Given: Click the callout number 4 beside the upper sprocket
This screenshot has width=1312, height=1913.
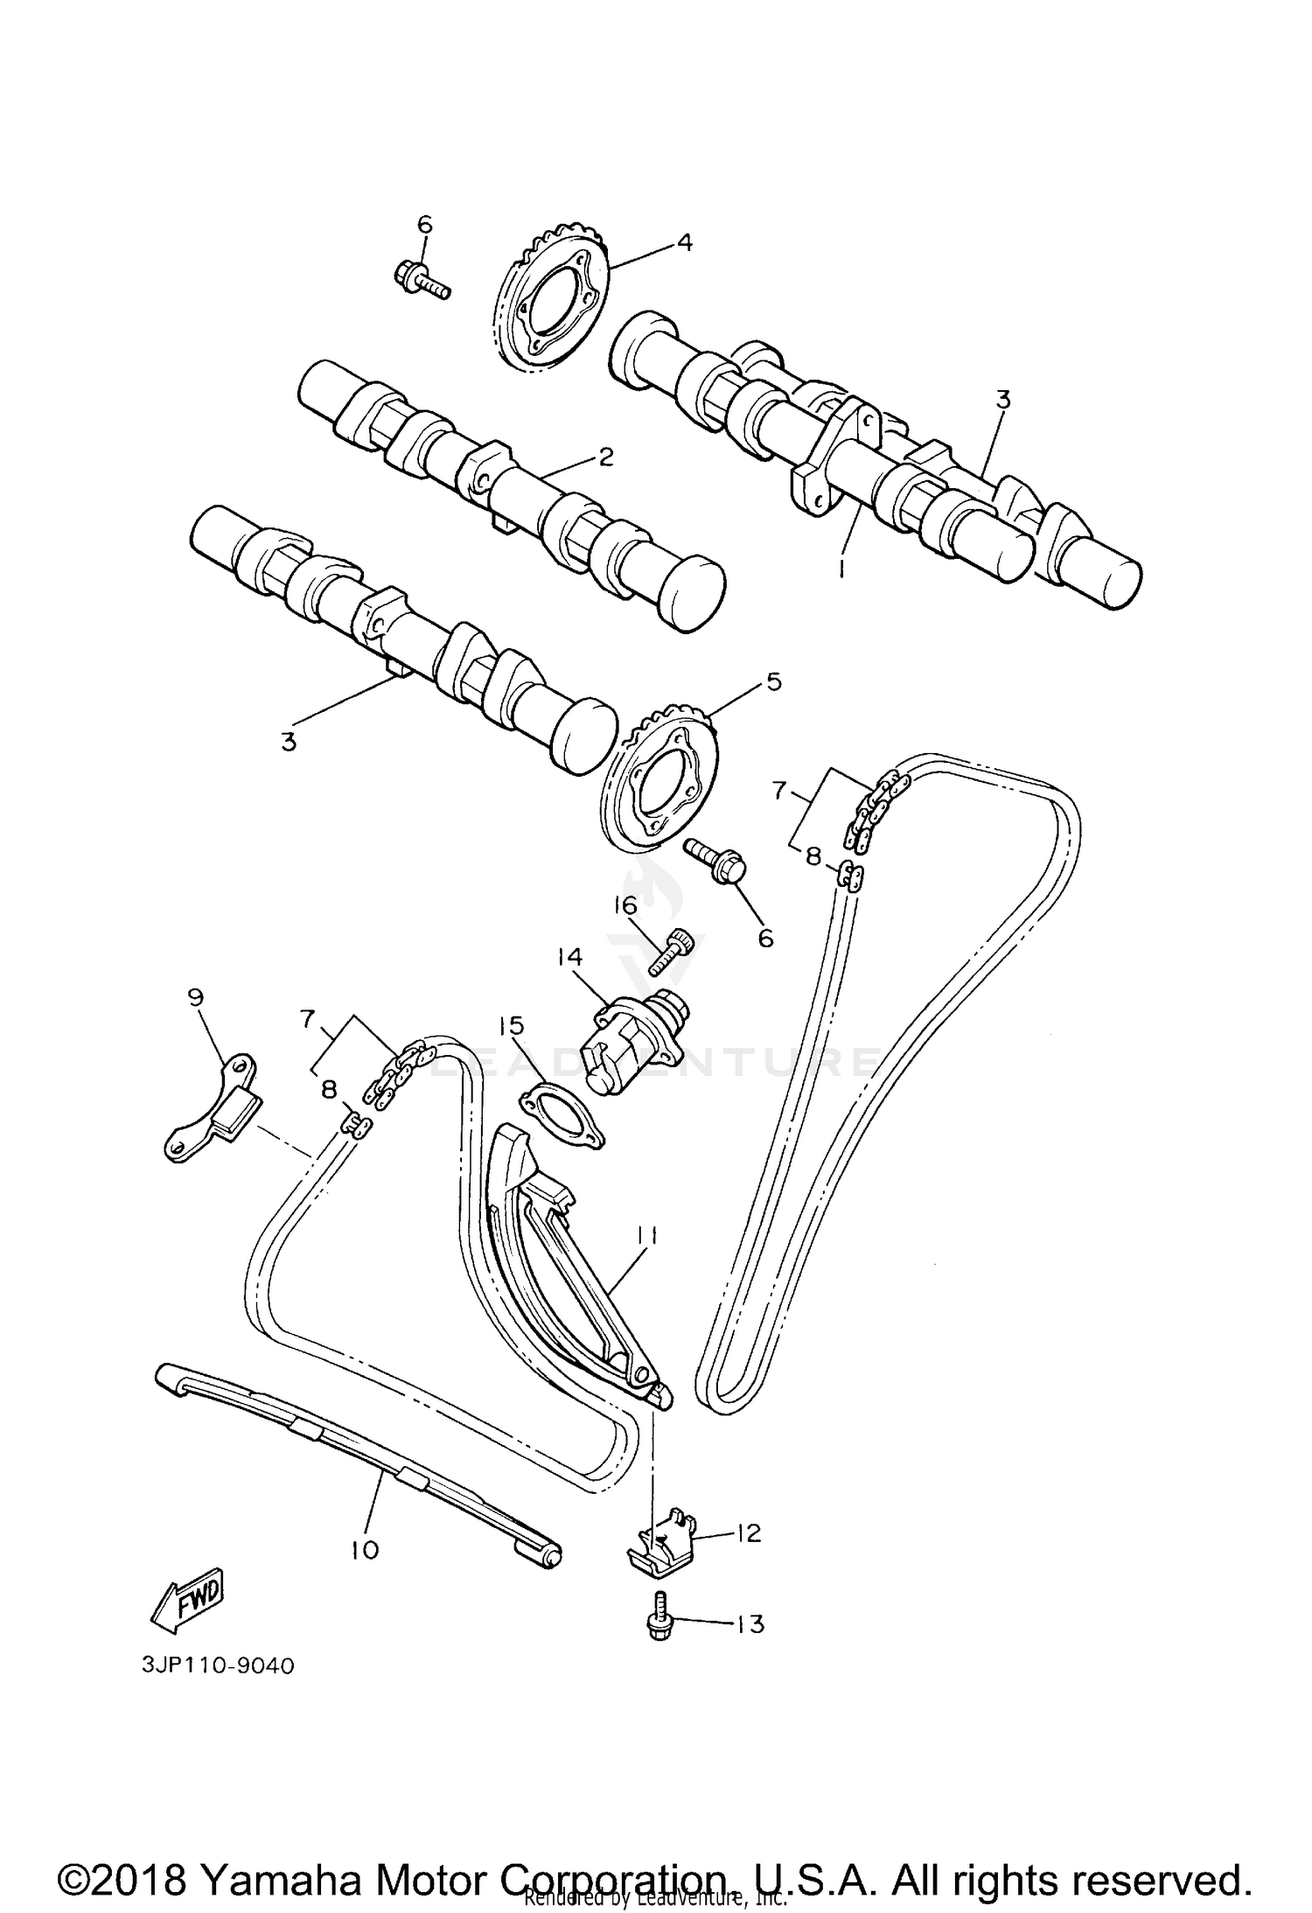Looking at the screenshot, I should tap(685, 242).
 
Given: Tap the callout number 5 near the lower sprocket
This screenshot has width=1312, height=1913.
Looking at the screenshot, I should tap(773, 681).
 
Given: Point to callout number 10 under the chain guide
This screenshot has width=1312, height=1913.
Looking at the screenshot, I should tap(365, 1550).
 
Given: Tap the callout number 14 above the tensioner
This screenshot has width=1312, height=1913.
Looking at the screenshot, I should tap(569, 958).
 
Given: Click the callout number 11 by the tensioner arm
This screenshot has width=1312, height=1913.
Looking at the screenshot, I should tap(646, 1235).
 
